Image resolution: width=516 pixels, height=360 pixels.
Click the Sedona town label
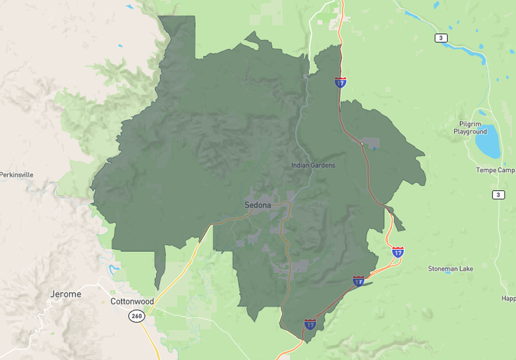point(258,205)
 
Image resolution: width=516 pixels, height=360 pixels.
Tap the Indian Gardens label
point(313,166)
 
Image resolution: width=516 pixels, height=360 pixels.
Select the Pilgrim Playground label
point(471,127)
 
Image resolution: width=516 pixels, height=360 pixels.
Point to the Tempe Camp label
point(495,171)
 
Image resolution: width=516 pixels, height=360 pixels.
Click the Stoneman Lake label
point(451,269)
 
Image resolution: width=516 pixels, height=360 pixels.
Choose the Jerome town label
point(65,294)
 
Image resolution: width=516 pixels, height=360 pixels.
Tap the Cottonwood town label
point(133,301)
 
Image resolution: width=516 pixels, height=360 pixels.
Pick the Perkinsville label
point(17,175)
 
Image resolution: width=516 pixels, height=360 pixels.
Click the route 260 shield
point(135,316)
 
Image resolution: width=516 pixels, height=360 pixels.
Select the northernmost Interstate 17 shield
point(340,83)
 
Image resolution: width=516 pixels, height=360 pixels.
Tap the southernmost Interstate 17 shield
point(310,325)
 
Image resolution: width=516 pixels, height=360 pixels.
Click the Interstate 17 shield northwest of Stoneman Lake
point(398,252)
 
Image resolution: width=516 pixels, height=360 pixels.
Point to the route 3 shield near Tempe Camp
point(499,195)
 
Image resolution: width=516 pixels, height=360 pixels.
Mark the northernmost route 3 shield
point(440,37)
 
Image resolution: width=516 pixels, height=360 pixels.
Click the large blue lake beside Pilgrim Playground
point(488,141)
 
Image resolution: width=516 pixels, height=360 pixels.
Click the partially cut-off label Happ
point(508,298)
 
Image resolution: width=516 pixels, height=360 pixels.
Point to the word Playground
point(471,132)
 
